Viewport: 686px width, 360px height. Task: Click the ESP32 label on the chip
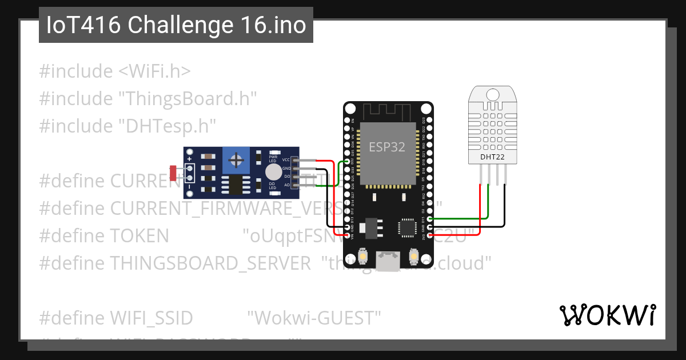[x=387, y=147]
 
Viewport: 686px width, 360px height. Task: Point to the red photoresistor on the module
[x=173, y=171]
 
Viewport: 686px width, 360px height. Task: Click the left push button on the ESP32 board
[x=362, y=257]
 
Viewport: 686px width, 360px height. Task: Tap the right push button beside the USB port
[x=414, y=257]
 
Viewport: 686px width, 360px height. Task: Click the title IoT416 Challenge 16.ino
[x=176, y=26]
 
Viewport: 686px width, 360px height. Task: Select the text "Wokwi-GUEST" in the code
[x=314, y=317]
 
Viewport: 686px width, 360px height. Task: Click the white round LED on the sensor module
[x=273, y=172]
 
